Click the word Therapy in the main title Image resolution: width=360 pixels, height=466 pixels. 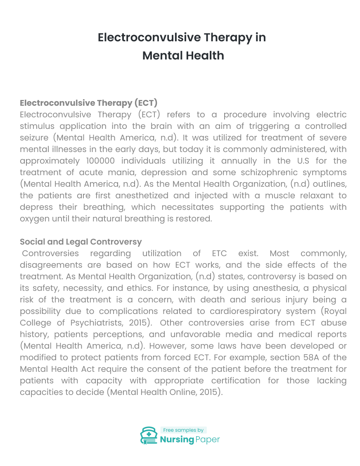228,38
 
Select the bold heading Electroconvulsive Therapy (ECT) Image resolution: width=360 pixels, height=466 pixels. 89,103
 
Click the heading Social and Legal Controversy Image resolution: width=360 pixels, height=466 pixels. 81,242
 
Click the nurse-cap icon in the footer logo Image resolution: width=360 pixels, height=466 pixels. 149,435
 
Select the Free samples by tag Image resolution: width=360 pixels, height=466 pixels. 183,430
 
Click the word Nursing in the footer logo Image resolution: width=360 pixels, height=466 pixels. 177,439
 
